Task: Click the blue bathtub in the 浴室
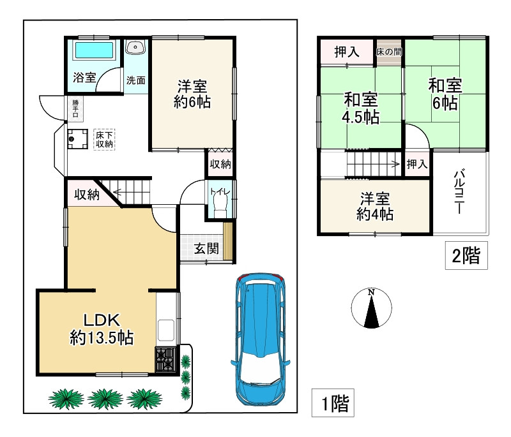coord(94,50)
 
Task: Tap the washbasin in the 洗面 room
coord(135,47)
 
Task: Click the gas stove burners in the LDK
coord(166,359)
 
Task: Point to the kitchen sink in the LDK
coord(166,330)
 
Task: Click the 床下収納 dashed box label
coord(104,140)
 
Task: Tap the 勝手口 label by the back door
coord(75,108)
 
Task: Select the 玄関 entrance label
coord(206,249)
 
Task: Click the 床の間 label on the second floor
coord(389,52)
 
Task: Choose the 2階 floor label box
coord(466,255)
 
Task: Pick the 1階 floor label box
coord(333,403)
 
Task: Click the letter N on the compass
coord(371,292)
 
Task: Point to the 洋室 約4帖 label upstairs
coord(375,206)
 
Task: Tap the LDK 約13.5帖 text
coord(102,329)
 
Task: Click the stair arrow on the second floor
coord(374,164)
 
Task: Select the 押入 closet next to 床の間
coord(347,52)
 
